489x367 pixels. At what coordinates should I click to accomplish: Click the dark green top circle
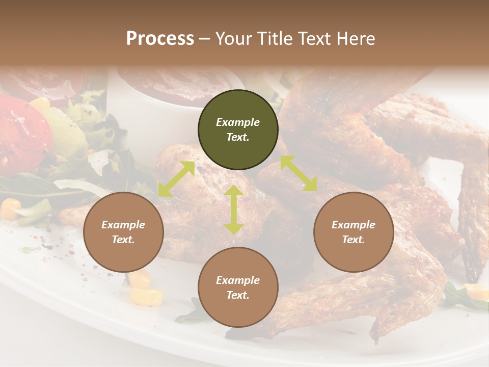(x=238, y=129)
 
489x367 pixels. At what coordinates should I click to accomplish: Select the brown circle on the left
(x=123, y=232)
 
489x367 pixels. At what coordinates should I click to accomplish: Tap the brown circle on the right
(x=354, y=232)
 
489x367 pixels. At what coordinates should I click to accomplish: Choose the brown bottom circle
(x=238, y=287)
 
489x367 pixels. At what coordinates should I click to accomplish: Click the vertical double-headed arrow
(x=233, y=209)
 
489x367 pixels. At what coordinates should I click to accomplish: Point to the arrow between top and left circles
(x=176, y=179)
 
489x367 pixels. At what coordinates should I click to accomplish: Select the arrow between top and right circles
(x=298, y=173)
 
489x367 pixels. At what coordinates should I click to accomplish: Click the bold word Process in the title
(x=160, y=39)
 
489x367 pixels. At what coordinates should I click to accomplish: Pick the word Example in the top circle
(x=238, y=122)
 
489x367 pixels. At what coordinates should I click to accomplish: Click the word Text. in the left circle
(x=123, y=240)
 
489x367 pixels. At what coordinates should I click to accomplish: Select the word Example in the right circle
(x=354, y=225)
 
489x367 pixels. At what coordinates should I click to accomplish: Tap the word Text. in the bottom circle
(x=238, y=295)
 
